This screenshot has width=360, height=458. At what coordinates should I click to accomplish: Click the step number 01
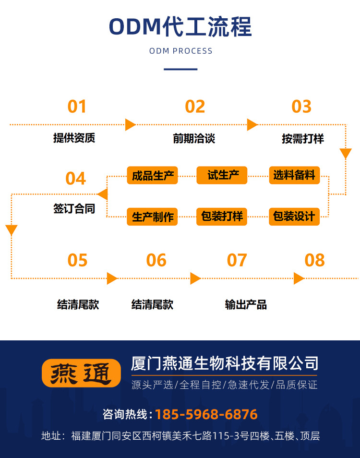pyautogui.click(x=77, y=106)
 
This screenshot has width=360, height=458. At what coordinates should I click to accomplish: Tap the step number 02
pyautogui.click(x=195, y=106)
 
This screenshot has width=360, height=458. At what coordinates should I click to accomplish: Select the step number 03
pyautogui.click(x=301, y=106)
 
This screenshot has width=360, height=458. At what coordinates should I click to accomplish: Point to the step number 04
pyautogui.click(x=75, y=178)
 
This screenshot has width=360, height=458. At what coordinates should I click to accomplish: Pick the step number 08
pyautogui.click(x=315, y=260)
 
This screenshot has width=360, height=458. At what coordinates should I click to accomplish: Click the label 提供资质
pyautogui.click(x=74, y=138)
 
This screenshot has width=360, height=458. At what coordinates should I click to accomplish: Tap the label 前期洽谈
pyautogui.click(x=194, y=139)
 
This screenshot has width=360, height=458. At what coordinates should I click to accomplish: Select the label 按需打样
pyautogui.click(x=302, y=139)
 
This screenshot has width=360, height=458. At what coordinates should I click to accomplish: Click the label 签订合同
pyautogui.click(x=74, y=209)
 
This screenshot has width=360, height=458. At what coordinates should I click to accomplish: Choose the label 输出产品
pyautogui.click(x=246, y=304)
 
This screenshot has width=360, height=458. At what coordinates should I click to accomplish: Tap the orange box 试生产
pyautogui.click(x=222, y=175)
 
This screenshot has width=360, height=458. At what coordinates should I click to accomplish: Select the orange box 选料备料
pyautogui.click(x=294, y=175)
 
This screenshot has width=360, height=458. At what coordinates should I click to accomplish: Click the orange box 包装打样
pyautogui.click(x=222, y=217)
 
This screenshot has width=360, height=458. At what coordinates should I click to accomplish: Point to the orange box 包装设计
pyautogui.click(x=294, y=217)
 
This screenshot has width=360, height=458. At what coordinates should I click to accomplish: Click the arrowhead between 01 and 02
pyautogui.click(x=130, y=125)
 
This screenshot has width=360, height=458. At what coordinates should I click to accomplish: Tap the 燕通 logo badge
pyautogui.click(x=81, y=373)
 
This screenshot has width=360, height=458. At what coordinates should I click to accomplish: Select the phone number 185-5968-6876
pyautogui.click(x=206, y=414)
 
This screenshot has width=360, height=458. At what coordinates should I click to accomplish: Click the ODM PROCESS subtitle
pyautogui.click(x=180, y=51)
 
